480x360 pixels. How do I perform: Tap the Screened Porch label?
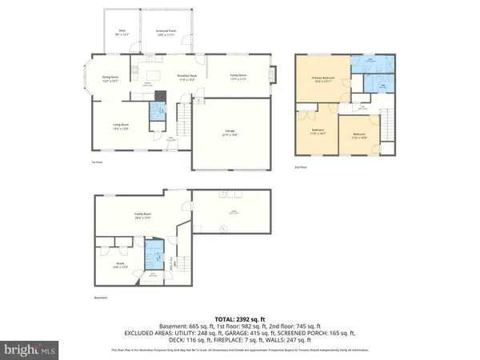[x=166, y=33]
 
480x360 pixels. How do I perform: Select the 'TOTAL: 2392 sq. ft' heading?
[x=239, y=319]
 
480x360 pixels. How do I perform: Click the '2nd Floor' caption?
[x=300, y=166]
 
